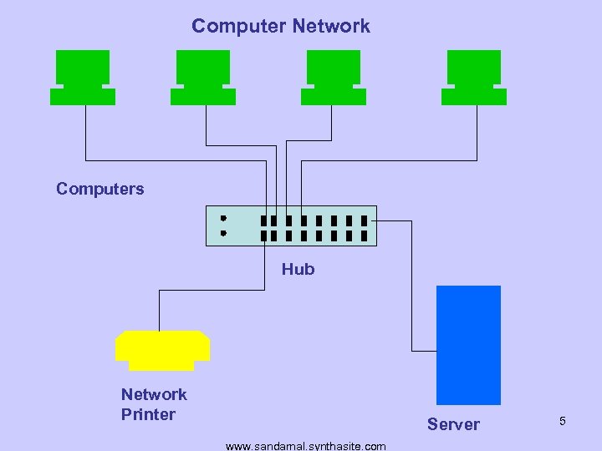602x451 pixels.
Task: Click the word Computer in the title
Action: click(x=239, y=26)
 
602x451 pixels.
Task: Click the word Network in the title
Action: click(x=331, y=26)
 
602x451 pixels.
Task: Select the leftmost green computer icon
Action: click(x=83, y=77)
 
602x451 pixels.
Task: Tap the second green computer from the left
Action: click(x=203, y=77)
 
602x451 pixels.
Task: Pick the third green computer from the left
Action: click(x=334, y=77)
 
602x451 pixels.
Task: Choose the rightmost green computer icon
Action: click(x=474, y=77)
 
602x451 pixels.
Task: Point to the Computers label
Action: click(x=100, y=189)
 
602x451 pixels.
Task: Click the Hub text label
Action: click(x=298, y=269)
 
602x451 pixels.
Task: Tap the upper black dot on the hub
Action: click(x=223, y=219)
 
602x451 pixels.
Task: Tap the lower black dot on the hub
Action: click(x=223, y=234)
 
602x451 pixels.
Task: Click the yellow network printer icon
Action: click(x=162, y=349)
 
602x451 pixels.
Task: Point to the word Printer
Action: click(x=148, y=414)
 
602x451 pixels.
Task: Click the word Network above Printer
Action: click(x=154, y=394)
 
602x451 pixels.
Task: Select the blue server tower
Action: click(x=468, y=344)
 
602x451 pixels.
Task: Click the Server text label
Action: click(x=453, y=424)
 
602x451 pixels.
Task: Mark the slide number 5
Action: click(x=563, y=421)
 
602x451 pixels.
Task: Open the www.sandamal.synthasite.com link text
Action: click(x=306, y=446)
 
